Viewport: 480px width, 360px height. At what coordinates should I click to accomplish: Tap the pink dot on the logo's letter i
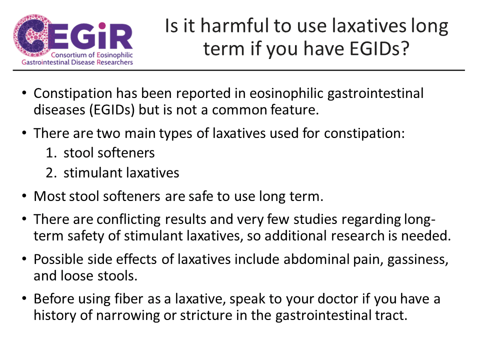[x=102, y=25]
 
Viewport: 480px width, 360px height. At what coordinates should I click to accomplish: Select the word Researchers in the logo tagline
[x=115, y=62]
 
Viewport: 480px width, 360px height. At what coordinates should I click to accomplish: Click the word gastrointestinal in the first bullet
[x=375, y=93]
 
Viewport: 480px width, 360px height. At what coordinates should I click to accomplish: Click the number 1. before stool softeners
[x=51, y=153]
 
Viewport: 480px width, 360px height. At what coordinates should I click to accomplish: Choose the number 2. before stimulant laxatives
[x=51, y=173]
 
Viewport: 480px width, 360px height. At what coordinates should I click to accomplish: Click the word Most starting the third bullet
[x=49, y=196]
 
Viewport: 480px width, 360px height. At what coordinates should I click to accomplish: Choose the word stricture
[x=206, y=315]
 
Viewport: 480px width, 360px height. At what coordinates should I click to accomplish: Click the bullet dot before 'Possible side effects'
[x=24, y=259]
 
